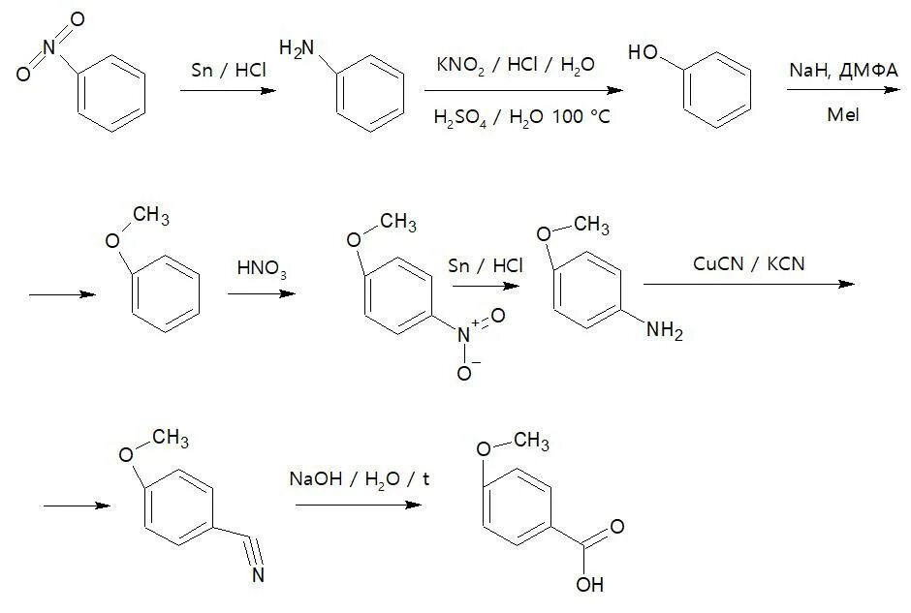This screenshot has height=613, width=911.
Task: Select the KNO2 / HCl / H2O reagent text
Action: [516, 65]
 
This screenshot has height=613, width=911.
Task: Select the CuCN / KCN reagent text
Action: [737, 262]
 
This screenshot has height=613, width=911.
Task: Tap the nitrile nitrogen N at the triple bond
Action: [259, 575]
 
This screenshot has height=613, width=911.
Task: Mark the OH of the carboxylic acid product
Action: [590, 584]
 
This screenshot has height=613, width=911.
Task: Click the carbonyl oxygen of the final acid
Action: [616, 527]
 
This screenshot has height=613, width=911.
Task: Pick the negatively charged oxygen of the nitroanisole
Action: [465, 373]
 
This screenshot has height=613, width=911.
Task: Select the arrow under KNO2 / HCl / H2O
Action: [522, 91]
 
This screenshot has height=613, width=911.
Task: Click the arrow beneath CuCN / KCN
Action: [747, 284]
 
